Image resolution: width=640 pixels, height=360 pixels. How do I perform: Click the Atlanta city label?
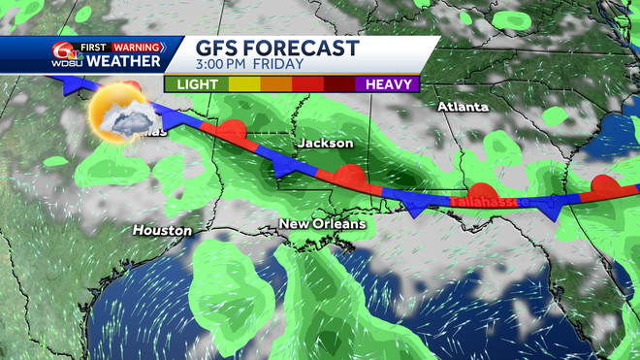(x=462, y=107)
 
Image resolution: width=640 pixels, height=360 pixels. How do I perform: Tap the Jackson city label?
(x=325, y=144)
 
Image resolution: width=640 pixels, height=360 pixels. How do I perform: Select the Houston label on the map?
(x=162, y=231)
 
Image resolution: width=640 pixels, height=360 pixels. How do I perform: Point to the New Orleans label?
(x=323, y=224)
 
